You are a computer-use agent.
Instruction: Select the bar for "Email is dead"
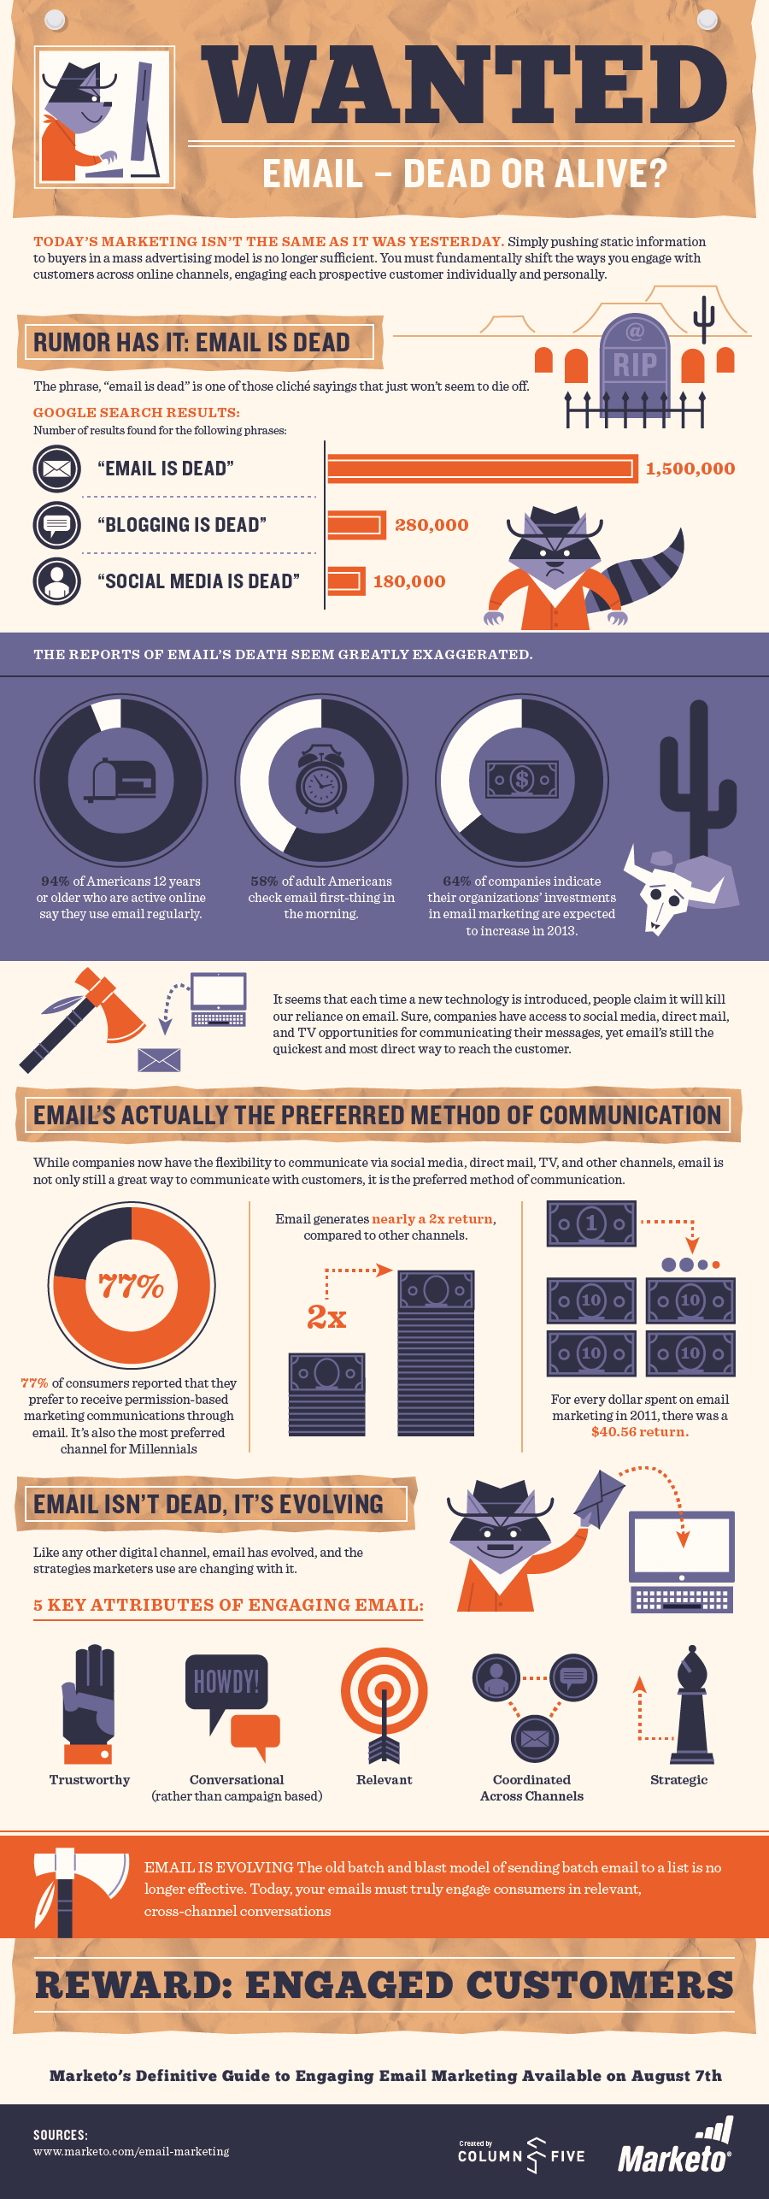pos(482,469)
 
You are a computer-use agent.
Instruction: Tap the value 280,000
pos(431,525)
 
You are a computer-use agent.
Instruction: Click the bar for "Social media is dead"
pos(346,581)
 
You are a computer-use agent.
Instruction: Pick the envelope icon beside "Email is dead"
pos(57,469)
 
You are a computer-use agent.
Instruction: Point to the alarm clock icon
pos(321,779)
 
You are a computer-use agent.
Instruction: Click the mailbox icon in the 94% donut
pos(120,780)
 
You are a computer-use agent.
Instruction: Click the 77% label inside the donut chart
pos(132,1285)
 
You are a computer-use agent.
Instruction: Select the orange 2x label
pos(326,1318)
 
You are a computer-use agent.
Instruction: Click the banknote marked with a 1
pos(591,1223)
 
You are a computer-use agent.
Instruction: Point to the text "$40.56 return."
pos(640,1432)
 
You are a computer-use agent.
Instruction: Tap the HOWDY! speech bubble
pos(226,1683)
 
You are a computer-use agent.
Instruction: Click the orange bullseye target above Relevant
pos(384,1690)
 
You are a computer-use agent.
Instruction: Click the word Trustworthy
pos(90,1780)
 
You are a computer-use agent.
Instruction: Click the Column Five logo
pos(521,2155)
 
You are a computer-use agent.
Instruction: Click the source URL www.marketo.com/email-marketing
pos(132,2151)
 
